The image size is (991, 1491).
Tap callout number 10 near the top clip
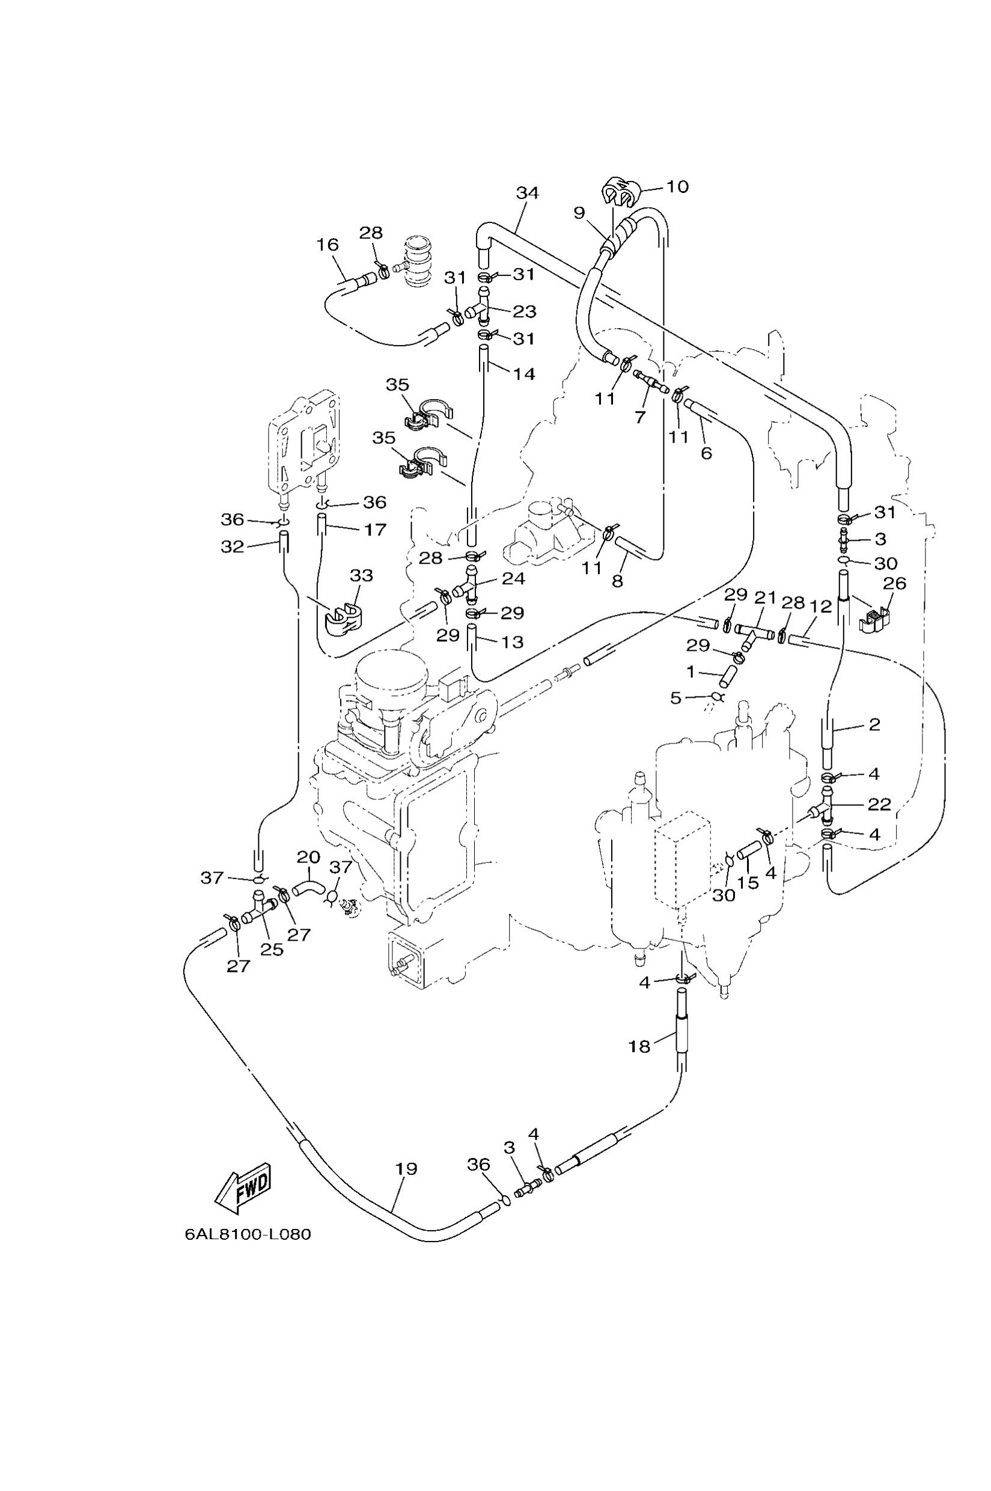coord(677,186)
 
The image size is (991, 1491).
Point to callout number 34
coord(527,193)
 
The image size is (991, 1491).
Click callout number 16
coord(328,245)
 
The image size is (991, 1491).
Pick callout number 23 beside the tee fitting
coord(524,311)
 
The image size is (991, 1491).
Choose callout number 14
coord(524,374)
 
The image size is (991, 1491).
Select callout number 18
coord(639,1047)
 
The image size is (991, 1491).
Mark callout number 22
coord(879,804)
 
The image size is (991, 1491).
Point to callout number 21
coord(765,597)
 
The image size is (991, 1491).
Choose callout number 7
coord(640,417)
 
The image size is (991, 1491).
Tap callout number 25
coord(272,950)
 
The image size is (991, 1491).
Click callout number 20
coord(308,857)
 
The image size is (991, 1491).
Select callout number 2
coord(874,724)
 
